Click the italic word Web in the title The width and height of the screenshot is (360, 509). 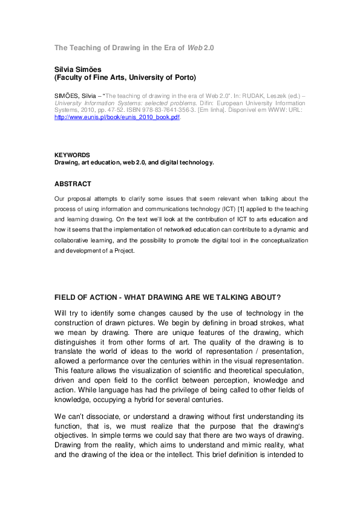[195, 47]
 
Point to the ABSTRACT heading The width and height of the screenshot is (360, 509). [73, 184]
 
